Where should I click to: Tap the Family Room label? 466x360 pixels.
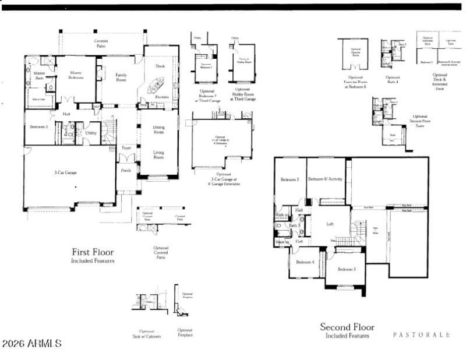coord(121,77)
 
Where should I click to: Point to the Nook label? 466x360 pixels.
coord(160,66)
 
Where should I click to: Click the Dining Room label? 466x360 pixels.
coord(158,129)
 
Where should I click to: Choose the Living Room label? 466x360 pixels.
coord(158,154)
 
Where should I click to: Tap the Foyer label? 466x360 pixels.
coord(126,148)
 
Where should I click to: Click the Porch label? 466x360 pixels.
coord(126,171)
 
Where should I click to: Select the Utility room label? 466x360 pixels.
coord(91,133)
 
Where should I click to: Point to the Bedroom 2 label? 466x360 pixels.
coord(38,126)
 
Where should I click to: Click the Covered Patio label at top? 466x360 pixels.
coord(101,44)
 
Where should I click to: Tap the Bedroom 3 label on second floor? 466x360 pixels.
coord(290,179)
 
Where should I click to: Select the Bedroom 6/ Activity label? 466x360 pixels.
coord(325,179)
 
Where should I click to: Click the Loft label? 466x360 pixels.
coord(330,223)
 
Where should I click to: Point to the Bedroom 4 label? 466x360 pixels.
coord(305,262)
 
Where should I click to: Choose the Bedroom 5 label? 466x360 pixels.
coord(346,269)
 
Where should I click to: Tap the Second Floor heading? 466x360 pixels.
coord(348,327)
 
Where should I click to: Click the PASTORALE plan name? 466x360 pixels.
coord(421,335)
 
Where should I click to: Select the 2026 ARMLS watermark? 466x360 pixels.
coord(32,344)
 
